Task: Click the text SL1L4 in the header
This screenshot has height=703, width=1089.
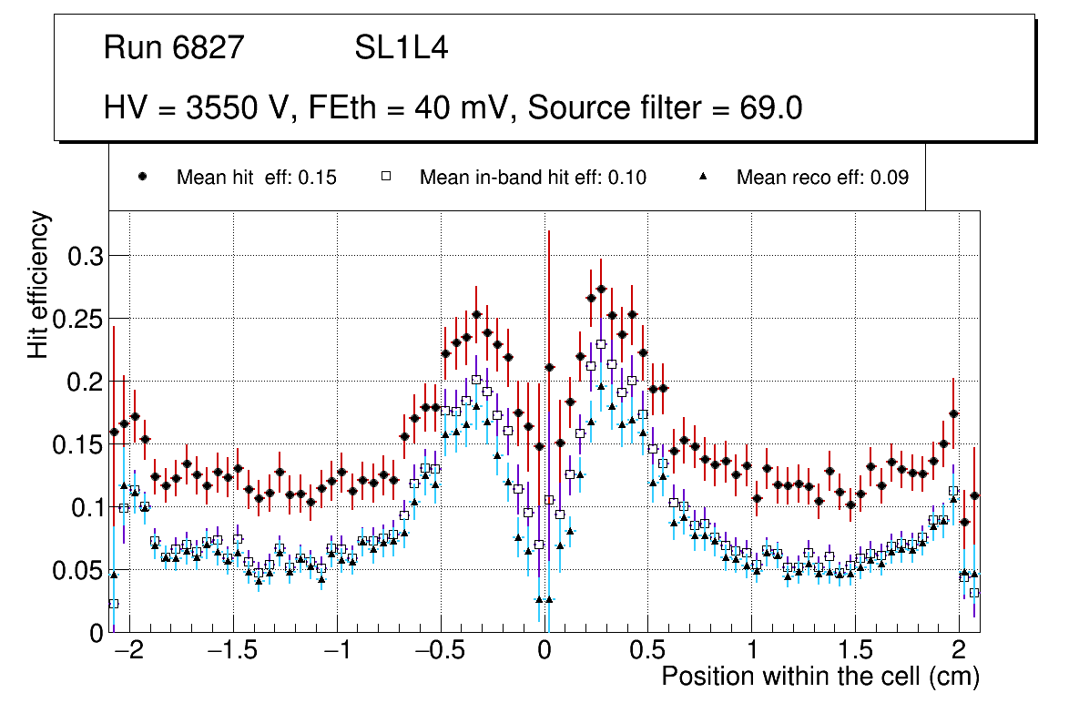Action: (402, 48)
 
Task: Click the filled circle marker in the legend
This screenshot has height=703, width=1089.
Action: (142, 178)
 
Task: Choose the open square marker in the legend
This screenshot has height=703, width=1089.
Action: (385, 178)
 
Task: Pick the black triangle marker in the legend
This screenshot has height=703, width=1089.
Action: (702, 178)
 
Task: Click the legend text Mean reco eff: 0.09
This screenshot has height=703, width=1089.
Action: (822, 178)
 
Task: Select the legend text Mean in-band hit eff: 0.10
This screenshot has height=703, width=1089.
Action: (533, 178)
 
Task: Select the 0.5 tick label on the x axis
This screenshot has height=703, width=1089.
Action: (647, 653)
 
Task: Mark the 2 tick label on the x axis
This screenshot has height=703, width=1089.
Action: (958, 653)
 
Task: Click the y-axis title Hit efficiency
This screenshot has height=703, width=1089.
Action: (39, 284)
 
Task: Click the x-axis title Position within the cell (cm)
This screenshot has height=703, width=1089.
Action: (819, 678)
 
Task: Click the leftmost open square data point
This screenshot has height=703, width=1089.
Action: (114, 604)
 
